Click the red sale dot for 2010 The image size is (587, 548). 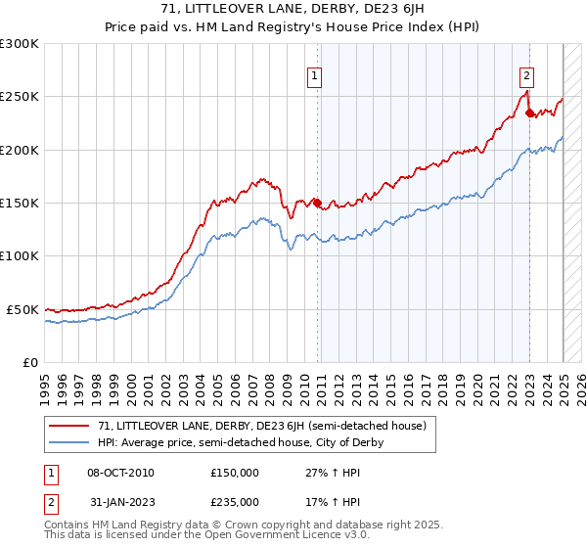317,203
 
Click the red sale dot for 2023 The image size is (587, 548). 529,113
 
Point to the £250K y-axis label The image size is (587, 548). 20,97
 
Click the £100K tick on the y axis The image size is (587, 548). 20,255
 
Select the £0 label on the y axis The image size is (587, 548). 29,362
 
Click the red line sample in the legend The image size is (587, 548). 70,427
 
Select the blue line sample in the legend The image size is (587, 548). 70,442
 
